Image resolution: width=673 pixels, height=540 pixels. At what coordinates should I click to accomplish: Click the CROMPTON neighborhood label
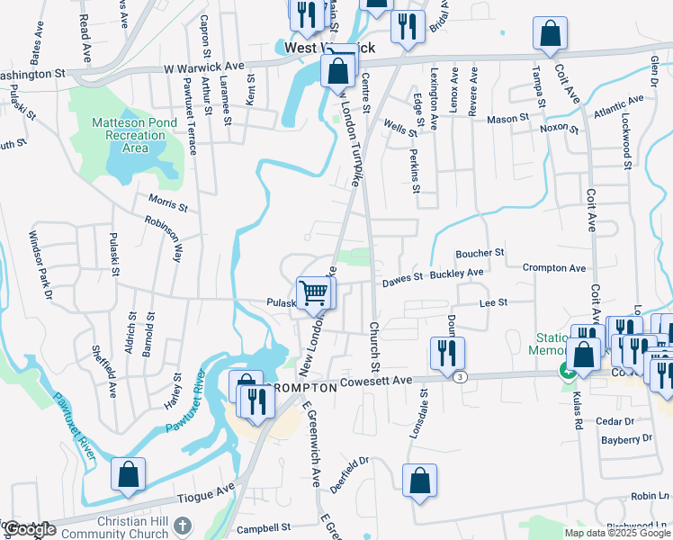click(299, 387)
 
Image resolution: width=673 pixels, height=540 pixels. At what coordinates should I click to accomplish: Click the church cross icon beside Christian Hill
click(183, 525)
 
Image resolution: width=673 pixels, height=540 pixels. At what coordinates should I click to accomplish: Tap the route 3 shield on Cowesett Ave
click(460, 376)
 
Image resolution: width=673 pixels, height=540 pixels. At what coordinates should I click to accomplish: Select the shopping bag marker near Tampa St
click(550, 34)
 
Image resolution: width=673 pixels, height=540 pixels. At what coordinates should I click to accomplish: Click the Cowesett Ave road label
click(376, 383)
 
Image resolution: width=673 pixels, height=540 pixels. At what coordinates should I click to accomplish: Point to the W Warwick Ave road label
click(203, 67)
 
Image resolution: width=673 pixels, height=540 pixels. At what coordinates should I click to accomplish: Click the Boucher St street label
click(480, 254)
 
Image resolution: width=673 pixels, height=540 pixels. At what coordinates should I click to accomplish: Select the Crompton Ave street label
click(554, 267)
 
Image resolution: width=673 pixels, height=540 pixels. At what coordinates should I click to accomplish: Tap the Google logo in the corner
click(30, 529)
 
